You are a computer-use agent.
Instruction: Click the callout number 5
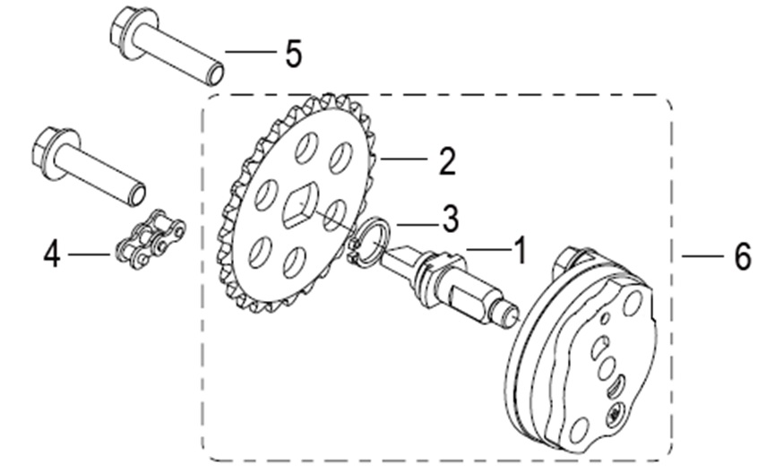[293, 54]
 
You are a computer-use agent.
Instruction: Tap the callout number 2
[446, 161]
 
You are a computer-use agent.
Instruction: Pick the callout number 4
[52, 255]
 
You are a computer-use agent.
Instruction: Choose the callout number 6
[742, 257]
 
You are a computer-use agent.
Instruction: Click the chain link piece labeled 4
[150, 240]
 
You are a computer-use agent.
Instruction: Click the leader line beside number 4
[90, 255]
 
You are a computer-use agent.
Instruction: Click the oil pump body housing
[587, 358]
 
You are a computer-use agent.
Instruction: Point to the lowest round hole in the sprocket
[293, 262]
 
